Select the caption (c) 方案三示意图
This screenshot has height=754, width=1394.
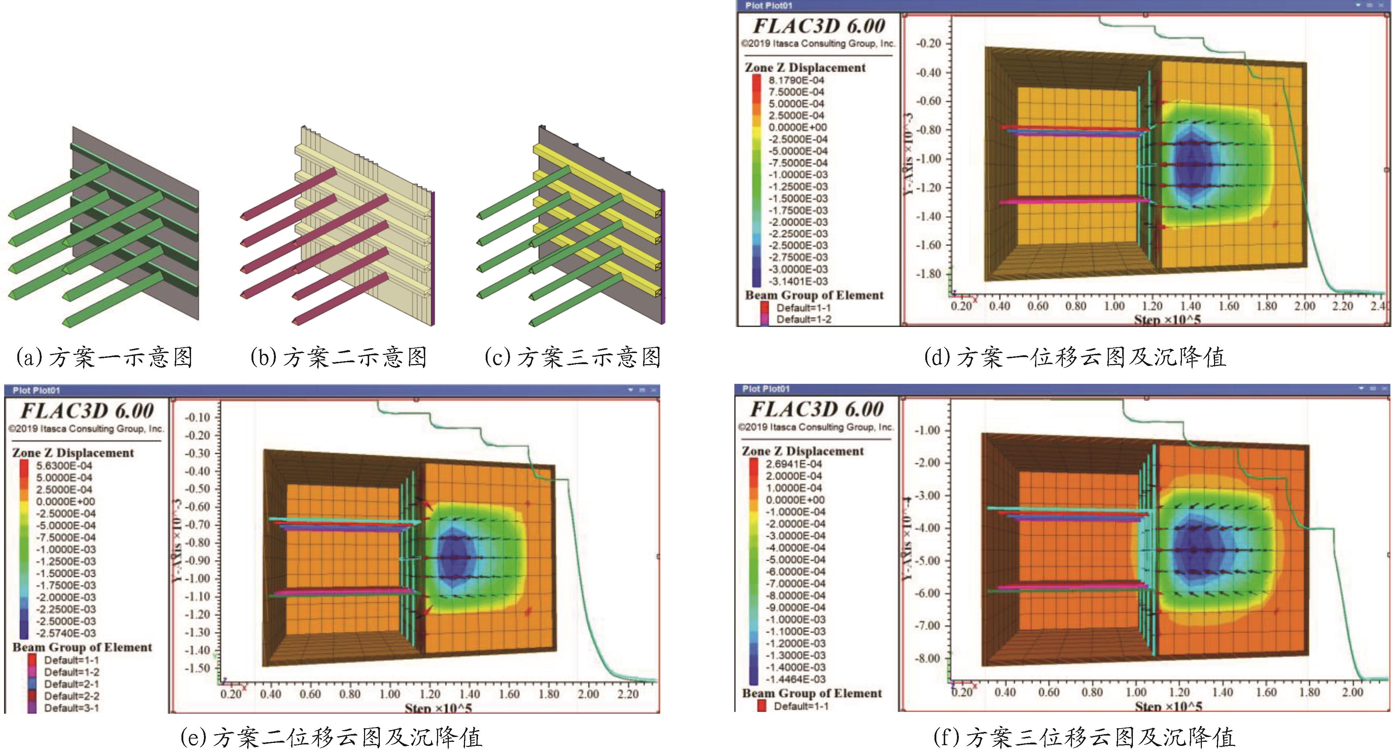click(572, 357)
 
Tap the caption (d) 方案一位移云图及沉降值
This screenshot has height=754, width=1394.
click(1075, 357)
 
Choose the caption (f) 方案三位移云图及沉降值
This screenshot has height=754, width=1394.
click(1085, 737)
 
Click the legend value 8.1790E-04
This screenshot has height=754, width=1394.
click(796, 80)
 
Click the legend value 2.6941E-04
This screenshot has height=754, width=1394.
click(794, 464)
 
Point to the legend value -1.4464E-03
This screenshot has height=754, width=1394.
click(795, 679)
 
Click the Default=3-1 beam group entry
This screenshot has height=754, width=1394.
click(72, 708)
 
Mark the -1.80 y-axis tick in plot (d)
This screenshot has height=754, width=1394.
click(929, 274)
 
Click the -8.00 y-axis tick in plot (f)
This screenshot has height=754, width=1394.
click(927, 658)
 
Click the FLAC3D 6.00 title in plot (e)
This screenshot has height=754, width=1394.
click(87, 411)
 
